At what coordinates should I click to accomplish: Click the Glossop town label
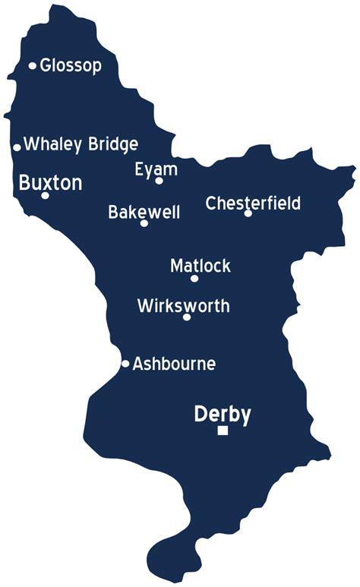pos(71,65)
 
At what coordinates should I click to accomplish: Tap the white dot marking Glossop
pos(33,66)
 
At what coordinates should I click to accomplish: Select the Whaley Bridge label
pos(81,144)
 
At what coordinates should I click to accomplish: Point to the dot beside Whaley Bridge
pos(17,147)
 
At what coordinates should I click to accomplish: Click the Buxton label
pos(50,182)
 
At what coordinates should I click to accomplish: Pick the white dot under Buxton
pos(45,196)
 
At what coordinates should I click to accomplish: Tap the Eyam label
pos(156,169)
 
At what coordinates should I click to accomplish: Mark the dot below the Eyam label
pos(159,181)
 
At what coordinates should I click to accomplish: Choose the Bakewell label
pos(144,212)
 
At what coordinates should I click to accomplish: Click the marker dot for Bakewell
pos(144,223)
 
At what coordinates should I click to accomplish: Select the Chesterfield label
pos(253,203)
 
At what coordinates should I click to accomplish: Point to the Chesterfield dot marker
pos(248,213)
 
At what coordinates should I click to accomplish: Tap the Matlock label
pos(201,267)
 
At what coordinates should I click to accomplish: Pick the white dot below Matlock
pos(194,279)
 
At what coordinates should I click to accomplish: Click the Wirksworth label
pos(183,306)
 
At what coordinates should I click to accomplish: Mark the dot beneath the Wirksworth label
pos(187,317)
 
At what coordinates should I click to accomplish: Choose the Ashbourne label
pos(174,364)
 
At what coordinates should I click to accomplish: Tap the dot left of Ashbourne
pos(125,364)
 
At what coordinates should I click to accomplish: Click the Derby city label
pos(223,415)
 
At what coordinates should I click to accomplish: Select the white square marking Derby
pos(223,431)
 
